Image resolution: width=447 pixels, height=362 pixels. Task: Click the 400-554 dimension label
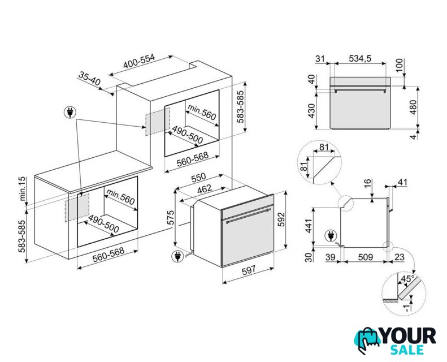pos(139,61)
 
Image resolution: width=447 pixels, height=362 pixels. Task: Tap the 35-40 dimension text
pos(89,79)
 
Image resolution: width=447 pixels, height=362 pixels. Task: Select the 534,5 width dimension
pos(361,58)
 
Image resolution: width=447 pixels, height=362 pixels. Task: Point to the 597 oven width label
pos(249,270)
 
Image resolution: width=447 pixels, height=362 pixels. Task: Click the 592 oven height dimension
pos(281,219)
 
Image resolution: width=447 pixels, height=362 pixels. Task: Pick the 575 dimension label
pos(170,218)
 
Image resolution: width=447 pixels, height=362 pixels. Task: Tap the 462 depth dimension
pos(205,188)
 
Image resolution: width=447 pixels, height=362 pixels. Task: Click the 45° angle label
pos(407,278)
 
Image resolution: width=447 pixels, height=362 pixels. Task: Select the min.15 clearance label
pos(23,188)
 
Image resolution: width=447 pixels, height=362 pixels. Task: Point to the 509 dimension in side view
pos(365,257)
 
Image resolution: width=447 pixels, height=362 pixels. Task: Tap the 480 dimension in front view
pos(413,107)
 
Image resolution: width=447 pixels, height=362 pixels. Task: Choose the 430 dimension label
pos(311,111)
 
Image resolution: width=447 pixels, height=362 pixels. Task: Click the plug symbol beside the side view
pos(331,236)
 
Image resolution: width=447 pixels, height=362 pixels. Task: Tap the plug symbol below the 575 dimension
pos(177,256)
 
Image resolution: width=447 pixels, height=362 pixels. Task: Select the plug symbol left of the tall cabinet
pos(70,112)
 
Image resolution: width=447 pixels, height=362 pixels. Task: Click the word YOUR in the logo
pos(408,336)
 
